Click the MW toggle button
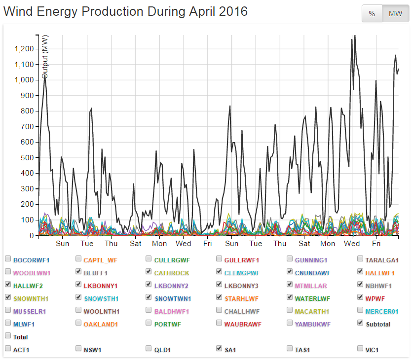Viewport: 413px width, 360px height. [395, 13]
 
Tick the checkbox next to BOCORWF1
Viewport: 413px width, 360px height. [8, 258]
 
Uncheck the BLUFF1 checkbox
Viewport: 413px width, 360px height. [78, 271]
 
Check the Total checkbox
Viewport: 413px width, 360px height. [8, 335]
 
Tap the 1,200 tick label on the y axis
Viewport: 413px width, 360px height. [23, 49]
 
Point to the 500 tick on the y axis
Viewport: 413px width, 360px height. [27, 157]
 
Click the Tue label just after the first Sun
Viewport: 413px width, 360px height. [87, 243]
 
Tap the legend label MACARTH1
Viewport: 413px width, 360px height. [311, 311]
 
